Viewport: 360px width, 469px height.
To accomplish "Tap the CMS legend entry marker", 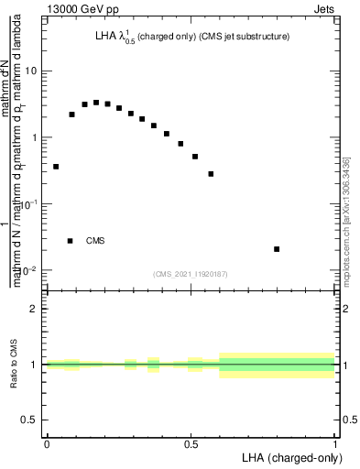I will (71, 241).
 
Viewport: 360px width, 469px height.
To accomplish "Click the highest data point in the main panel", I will (96, 103).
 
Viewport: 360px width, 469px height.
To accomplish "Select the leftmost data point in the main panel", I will (56, 167).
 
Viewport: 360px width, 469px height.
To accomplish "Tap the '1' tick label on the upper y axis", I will (35, 137).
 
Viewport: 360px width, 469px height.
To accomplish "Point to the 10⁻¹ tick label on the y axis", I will (29, 203).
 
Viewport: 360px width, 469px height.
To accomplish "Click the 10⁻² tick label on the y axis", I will (29, 270).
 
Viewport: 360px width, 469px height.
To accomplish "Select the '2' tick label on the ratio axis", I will (35, 310).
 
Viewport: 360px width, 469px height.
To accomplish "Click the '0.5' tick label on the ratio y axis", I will (30, 420).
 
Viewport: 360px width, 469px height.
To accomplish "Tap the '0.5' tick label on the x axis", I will (191, 444).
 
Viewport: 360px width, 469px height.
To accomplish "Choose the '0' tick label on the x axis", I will (47, 444).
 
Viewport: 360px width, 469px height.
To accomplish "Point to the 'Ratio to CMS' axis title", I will (14, 365).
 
